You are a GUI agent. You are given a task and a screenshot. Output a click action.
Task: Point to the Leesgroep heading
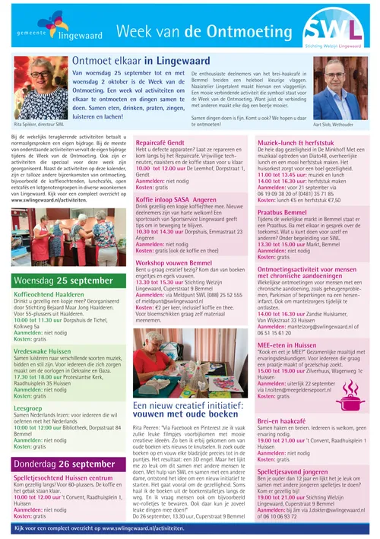coord(27,408)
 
